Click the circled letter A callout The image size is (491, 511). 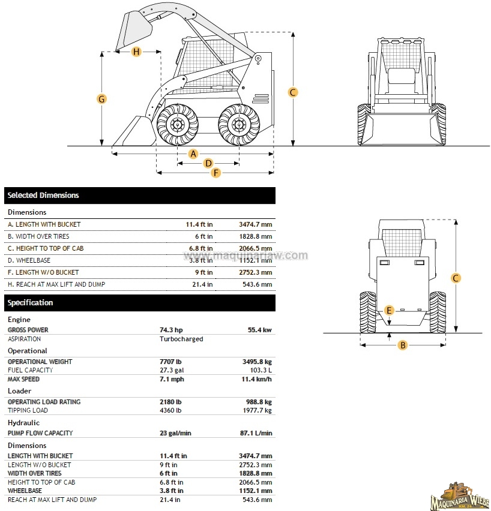click(193, 154)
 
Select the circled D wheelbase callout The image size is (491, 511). click(208, 163)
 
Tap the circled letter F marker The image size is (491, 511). click(216, 173)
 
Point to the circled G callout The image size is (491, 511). click(102, 99)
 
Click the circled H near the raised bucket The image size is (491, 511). click(136, 52)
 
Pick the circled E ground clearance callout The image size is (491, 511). click(390, 310)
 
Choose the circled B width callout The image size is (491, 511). click(403, 345)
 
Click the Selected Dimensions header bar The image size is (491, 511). click(140, 196)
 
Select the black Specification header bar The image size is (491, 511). click(140, 303)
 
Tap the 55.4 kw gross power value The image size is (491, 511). click(259, 330)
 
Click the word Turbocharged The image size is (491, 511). click(181, 339)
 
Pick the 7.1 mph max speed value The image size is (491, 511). click(172, 379)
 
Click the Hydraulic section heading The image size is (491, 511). click(23, 423)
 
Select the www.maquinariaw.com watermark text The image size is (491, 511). click(245, 256)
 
